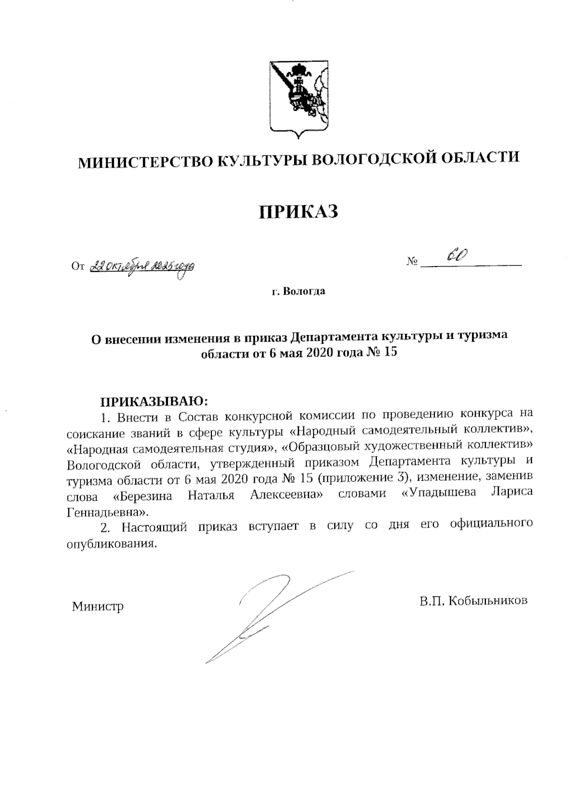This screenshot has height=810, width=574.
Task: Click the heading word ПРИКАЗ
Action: tap(298, 211)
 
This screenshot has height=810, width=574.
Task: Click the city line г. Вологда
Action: tap(298, 291)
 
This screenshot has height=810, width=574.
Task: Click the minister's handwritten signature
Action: tap(277, 612)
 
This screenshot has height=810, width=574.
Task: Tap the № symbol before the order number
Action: tap(412, 261)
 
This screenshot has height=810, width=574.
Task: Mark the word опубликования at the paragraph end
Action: tap(111, 544)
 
